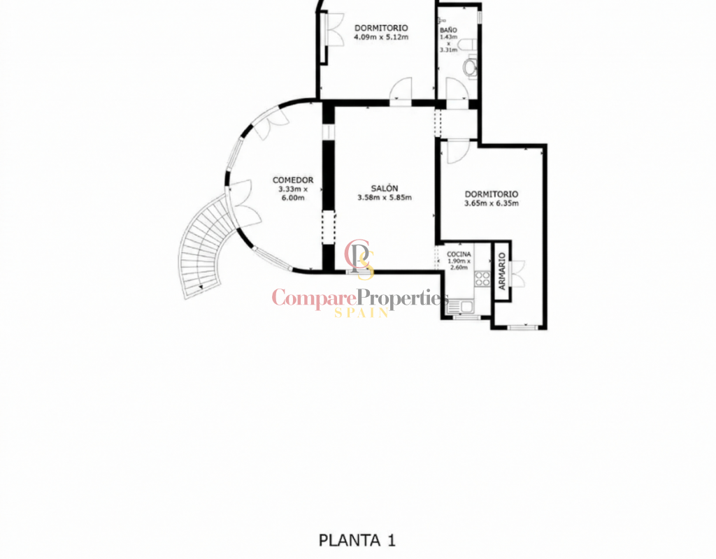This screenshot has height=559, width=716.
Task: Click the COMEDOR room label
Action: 293,180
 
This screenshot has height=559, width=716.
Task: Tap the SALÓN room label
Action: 385,189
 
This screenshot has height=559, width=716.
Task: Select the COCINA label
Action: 459,254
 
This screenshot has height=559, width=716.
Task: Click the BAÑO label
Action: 448,30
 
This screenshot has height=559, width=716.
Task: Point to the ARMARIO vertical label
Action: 502,271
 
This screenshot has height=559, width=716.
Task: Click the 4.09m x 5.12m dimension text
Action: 381,37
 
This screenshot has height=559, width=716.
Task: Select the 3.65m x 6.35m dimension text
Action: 492,203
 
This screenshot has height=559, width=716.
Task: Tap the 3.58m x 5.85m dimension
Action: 385,198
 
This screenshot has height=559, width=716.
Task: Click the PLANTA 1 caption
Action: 357,540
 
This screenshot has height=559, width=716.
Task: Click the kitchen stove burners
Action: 482,279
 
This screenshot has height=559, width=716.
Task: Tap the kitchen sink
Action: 461,307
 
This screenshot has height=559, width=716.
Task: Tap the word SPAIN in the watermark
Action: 361,312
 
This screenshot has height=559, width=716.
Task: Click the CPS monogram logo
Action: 360,259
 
